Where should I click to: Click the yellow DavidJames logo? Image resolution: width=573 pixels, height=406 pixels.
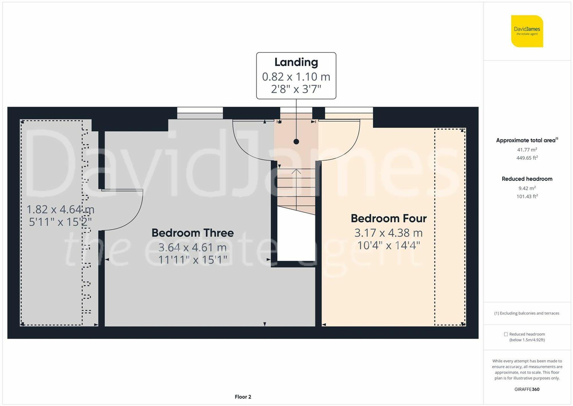coord(527,31)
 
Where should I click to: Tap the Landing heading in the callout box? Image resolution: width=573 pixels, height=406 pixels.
coord(296,62)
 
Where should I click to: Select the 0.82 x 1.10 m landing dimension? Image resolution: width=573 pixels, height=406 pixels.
coord(296,77)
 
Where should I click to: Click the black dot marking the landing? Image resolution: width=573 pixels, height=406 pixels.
coord(296,141)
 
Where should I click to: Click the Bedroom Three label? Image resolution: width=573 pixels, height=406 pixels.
coord(193,233)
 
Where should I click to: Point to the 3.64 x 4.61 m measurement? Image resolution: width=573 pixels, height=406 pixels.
coord(193,247)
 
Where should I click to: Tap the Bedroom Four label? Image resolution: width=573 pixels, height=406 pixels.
coord(388,218)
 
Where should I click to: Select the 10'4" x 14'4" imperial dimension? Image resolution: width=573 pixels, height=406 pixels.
coord(388,245)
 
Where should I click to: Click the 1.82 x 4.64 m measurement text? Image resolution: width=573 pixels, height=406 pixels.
coord(60,209)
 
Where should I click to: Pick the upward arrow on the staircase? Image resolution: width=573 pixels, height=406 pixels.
coord(296,172)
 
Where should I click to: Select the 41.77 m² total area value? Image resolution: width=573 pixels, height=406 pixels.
coord(527,149)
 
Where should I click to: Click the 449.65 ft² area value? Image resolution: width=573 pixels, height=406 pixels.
coord(527,158)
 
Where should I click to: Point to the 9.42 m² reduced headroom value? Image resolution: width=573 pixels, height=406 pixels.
coord(527,188)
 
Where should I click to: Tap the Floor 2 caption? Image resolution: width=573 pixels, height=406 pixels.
coord(243,397)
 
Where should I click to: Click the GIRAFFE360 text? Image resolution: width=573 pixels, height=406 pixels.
coord(527,389)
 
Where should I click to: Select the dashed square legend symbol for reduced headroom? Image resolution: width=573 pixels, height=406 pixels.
coord(506,334)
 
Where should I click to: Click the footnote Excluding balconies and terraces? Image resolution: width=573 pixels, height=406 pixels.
coord(527,313)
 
